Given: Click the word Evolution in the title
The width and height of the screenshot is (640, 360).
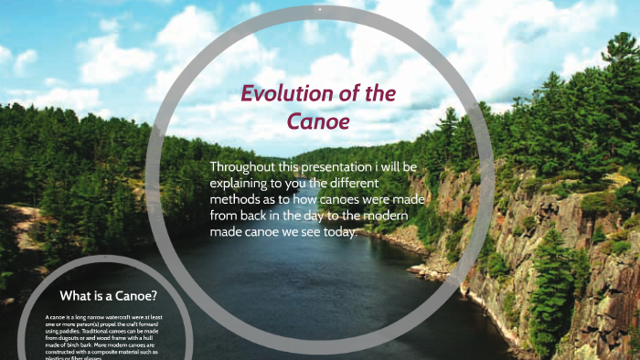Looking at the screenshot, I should coord(285,94).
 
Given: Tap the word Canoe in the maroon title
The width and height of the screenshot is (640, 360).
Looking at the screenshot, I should coord(318,121).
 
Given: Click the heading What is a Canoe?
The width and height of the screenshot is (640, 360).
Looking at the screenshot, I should coord(108,296).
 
